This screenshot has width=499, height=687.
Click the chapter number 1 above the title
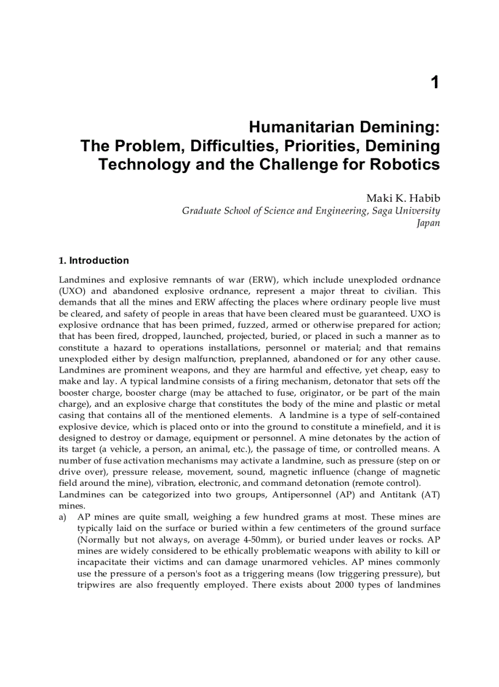[x=434, y=83]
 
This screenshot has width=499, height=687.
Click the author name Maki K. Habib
[x=402, y=198]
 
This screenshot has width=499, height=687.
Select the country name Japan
[x=428, y=223]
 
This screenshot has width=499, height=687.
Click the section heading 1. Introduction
[x=94, y=261]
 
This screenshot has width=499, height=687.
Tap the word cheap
[x=390, y=370]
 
